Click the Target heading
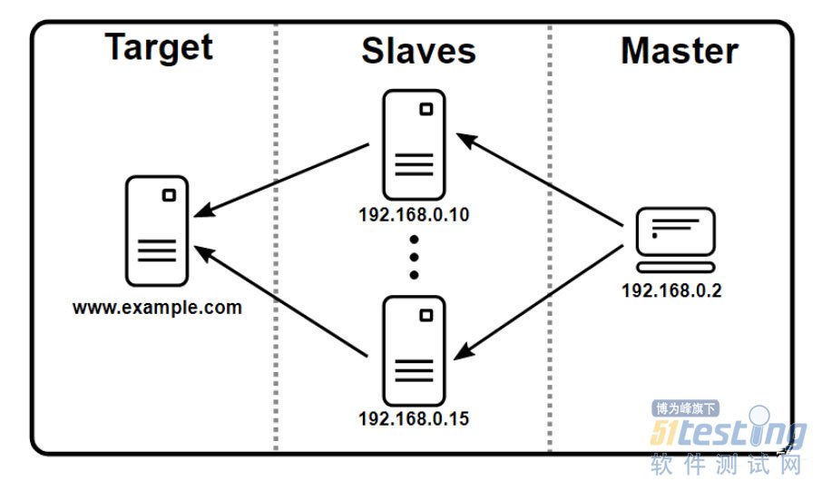click(160, 46)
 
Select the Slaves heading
click(418, 51)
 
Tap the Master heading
click(679, 51)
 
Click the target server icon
click(157, 231)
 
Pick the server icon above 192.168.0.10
click(414, 144)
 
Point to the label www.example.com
click(157, 308)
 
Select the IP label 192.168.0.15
click(415, 419)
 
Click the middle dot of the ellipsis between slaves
click(414, 258)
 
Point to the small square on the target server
click(169, 195)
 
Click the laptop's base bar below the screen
click(675, 268)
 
